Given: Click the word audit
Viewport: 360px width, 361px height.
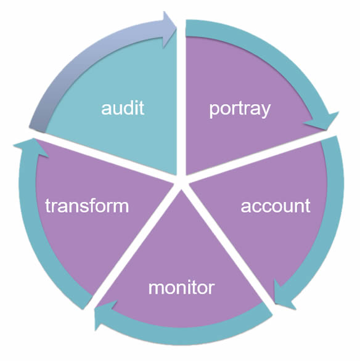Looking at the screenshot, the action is pos(123,107).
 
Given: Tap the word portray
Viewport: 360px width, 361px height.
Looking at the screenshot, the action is pos(240,110).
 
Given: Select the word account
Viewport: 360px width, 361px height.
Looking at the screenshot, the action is pos(276,206).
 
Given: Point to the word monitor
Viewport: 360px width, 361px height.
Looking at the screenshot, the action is pos(181,288).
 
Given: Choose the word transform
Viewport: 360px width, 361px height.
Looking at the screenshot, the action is pos(87,205).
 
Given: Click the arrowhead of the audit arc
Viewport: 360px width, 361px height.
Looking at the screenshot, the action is pos(169,30).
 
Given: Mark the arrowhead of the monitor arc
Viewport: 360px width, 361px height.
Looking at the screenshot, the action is pos(103,315).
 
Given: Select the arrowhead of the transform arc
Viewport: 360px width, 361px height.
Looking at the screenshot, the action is pos(31,147).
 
